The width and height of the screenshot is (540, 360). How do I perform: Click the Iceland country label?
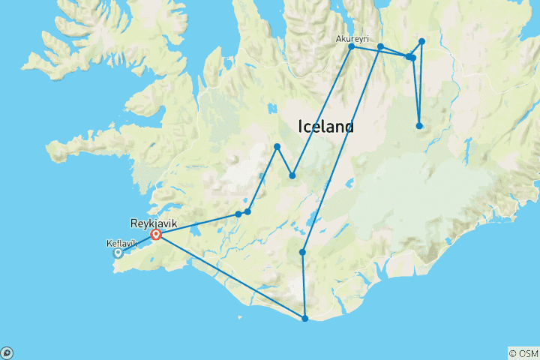point(326,127)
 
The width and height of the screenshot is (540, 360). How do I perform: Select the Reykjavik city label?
point(154,223)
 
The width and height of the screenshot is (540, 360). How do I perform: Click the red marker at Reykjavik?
point(156,235)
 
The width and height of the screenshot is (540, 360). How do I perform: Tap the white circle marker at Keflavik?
point(118,253)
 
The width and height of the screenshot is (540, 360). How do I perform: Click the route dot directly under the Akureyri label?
point(351,46)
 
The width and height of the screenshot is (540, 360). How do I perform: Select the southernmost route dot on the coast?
point(304,319)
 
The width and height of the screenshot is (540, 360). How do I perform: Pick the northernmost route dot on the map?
point(421,41)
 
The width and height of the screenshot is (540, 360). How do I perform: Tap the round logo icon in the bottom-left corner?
point(7,352)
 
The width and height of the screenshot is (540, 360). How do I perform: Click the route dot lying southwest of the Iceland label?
point(292,176)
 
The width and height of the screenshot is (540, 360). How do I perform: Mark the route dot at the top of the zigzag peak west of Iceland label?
point(277,146)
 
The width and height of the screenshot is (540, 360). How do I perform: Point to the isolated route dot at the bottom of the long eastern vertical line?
point(419,125)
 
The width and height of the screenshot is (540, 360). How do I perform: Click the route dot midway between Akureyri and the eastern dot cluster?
point(380,46)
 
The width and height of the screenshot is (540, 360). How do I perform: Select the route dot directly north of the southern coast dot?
point(302,252)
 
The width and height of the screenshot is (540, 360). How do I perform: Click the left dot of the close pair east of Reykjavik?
point(238,214)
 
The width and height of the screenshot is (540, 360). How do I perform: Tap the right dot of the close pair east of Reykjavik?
point(247,211)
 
